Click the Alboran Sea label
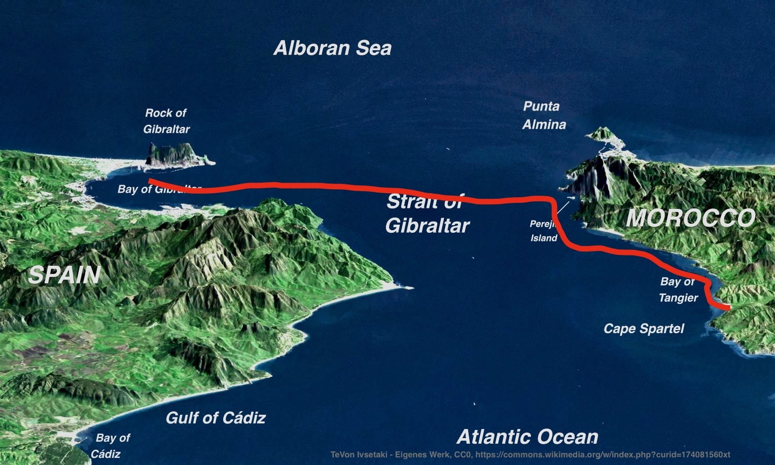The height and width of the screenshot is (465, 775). click(333, 48)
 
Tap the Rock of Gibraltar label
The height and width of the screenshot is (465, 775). click(166, 121)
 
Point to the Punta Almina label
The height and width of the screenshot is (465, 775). click(543, 116)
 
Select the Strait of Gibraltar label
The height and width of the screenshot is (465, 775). click(427, 214)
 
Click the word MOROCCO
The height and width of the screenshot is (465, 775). click(690, 219)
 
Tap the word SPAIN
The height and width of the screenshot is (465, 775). click(64, 275)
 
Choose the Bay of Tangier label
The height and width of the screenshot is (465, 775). click(678, 290)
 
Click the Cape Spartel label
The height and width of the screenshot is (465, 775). click(644, 329)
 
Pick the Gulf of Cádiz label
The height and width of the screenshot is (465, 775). click(216, 418)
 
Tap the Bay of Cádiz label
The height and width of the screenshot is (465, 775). click(111, 446)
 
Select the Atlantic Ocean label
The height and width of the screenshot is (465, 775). click(527, 437)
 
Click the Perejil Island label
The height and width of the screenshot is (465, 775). click(544, 231)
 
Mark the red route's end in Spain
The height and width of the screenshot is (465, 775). click(150, 181)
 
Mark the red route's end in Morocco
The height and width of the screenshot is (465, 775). click(728, 307)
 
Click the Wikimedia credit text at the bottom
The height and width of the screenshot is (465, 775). click(530, 454)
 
